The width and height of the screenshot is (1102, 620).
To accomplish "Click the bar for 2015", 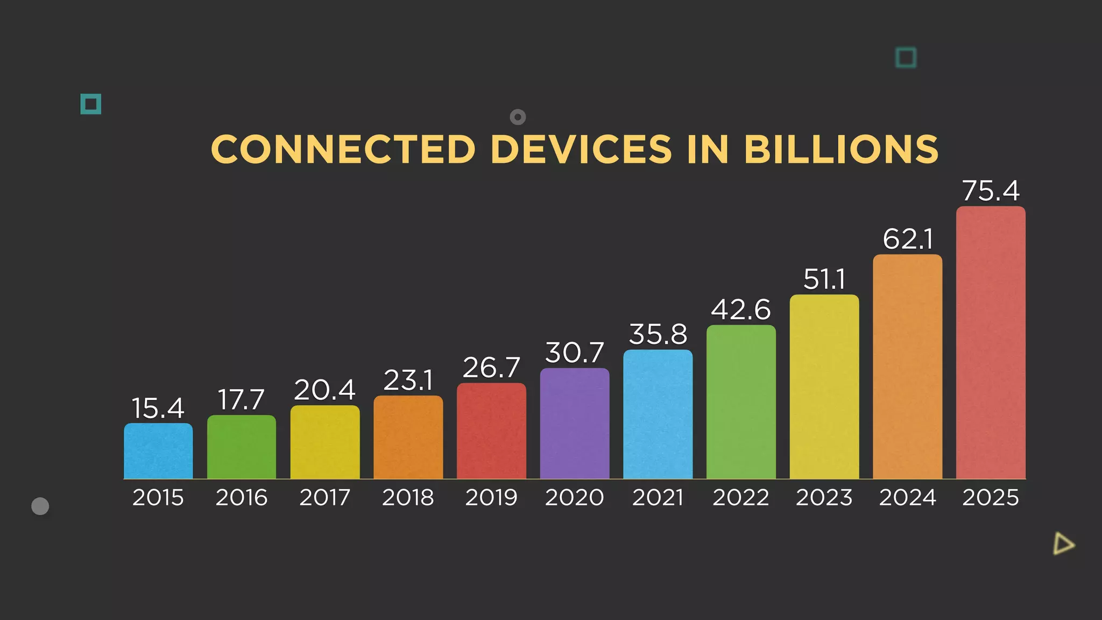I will pyautogui.click(x=158, y=451).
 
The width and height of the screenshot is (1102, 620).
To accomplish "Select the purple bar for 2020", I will pyautogui.click(x=575, y=424).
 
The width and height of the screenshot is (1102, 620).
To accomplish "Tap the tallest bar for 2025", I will pyautogui.click(x=991, y=343).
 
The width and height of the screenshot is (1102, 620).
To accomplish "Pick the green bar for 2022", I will pyautogui.click(x=741, y=402).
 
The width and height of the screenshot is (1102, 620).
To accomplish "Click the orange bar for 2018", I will pyautogui.click(x=408, y=438).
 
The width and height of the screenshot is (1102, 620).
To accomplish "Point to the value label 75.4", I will pyautogui.click(x=991, y=191).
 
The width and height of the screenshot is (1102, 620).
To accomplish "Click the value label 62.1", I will pyautogui.click(x=908, y=239).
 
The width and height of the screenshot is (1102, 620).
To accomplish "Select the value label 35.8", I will pyautogui.click(x=658, y=334).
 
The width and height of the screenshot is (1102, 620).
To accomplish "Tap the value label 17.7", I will pyautogui.click(x=241, y=400).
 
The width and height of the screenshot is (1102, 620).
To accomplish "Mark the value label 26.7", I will pyautogui.click(x=491, y=368).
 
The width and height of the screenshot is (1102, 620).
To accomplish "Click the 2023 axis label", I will pyautogui.click(x=824, y=497).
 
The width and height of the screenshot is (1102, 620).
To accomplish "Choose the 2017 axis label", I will pyautogui.click(x=324, y=497).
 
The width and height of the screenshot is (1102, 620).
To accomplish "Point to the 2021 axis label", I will pyautogui.click(x=658, y=497).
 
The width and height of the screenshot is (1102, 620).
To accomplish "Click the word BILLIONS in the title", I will pyautogui.click(x=841, y=149).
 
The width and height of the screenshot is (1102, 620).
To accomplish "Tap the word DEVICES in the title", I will pyautogui.click(x=581, y=149).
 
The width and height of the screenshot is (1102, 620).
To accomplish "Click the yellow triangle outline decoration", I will pyautogui.click(x=1063, y=544).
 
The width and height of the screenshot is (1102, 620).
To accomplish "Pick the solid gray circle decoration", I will pyautogui.click(x=40, y=506).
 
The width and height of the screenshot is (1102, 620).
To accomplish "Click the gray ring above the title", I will pyautogui.click(x=518, y=117).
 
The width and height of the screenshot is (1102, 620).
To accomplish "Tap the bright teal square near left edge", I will pyautogui.click(x=91, y=104).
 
